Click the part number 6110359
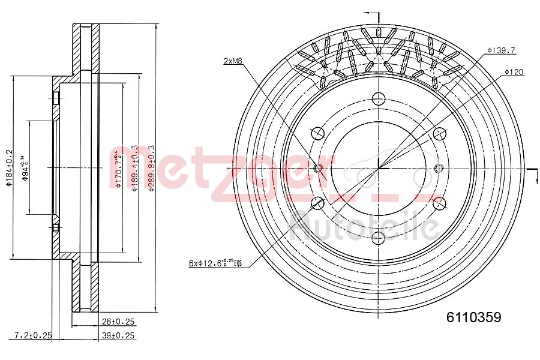click(x=473, y=317)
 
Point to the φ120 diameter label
click(x=514, y=72)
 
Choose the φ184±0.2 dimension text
click(x=9, y=169)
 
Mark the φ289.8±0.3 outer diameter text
click(x=152, y=169)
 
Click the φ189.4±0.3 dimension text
click(x=136, y=169)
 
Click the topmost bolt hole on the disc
click(x=377, y=98)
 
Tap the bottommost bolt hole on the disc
click(x=377, y=238)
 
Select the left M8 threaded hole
click(x=318, y=168)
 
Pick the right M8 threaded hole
click(x=437, y=168)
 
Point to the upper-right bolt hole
click(x=438, y=133)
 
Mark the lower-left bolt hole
click(x=317, y=203)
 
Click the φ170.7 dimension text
click(x=118, y=169)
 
